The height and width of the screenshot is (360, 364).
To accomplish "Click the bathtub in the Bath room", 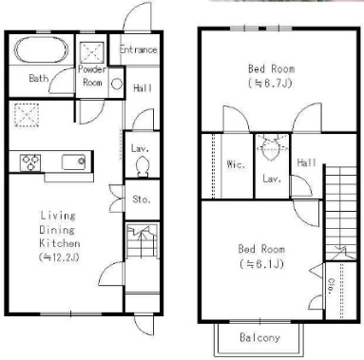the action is (41, 50).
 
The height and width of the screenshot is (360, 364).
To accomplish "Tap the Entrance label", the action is (139, 49).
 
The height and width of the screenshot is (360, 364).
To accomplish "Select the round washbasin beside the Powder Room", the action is (117, 84).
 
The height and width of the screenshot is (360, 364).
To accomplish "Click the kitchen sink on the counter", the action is (73, 162).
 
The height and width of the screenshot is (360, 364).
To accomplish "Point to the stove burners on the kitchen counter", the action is (30, 162).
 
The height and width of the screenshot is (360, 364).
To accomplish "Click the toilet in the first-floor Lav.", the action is (143, 167).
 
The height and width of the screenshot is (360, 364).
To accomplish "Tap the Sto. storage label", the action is (142, 199).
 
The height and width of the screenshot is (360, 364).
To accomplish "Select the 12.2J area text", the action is (59, 257).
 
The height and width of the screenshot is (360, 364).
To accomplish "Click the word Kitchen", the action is (59, 243).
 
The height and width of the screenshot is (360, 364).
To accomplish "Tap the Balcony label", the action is (259, 337).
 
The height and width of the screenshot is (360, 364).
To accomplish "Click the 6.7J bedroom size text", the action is (270, 83).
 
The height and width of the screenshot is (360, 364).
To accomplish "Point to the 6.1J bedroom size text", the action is (261, 263).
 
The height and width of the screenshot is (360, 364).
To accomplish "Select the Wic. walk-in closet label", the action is (236, 164).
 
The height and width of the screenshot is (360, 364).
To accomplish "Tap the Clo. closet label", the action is (331, 287).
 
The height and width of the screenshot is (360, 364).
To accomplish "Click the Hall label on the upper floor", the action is (306, 162).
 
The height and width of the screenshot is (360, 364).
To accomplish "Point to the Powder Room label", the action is (92, 76).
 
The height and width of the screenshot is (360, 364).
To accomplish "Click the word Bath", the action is (39, 78).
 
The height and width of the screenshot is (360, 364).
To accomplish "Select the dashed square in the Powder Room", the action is (92, 52).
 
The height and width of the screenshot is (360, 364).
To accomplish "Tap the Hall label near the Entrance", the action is (143, 88).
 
